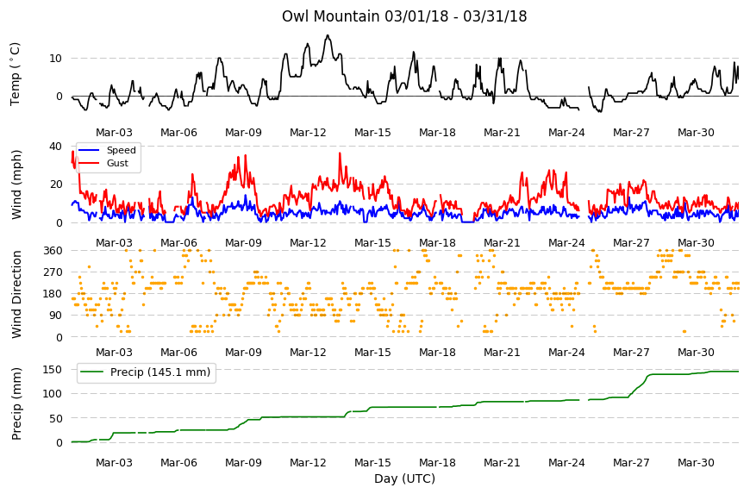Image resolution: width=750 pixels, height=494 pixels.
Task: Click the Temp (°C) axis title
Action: tap(16, 74)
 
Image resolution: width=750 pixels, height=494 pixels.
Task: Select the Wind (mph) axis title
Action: tap(16, 184)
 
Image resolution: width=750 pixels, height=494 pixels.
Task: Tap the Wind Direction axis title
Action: tap(16, 294)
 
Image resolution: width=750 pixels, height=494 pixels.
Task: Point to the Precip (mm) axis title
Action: tap(16, 403)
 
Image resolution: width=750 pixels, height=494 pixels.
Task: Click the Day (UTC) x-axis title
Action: tap(404, 478)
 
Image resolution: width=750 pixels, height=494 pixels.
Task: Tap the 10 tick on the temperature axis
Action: tap(55, 59)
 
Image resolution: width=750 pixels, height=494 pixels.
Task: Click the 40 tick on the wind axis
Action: tap(55, 147)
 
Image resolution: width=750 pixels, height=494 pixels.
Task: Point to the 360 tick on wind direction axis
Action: tap(53, 251)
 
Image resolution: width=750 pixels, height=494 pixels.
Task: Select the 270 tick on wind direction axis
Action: tap(53, 272)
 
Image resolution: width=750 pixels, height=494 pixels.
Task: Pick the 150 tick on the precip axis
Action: tap(53, 370)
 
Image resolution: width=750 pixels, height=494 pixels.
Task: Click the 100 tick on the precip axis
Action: tap(53, 394)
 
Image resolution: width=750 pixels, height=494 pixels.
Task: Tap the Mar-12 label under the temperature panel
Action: tap(308, 133)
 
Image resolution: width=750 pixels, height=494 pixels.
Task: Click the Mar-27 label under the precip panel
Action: tap(631, 463)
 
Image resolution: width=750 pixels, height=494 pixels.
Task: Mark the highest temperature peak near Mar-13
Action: tap(328, 35)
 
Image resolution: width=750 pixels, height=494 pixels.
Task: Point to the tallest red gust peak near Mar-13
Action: tap(340, 153)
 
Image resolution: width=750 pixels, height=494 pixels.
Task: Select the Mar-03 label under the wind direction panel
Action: tap(114, 353)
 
